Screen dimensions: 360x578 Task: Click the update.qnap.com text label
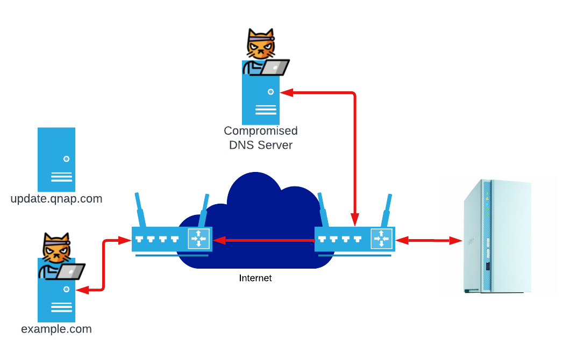[x=56, y=199]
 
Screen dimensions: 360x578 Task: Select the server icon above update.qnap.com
[x=56, y=160]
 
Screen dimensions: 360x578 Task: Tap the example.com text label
[x=56, y=329]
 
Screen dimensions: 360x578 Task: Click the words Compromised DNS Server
[x=261, y=138]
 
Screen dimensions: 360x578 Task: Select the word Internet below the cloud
[x=255, y=278]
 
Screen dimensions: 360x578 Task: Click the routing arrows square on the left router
[x=198, y=239]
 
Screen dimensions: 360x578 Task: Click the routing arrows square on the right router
[x=381, y=239]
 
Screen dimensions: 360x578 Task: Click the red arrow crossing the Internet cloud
[x=263, y=240]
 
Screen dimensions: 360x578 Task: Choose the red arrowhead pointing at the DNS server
[x=286, y=93]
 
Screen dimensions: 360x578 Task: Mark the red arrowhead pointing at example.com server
[x=82, y=290]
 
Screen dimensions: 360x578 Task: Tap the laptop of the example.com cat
[x=73, y=271]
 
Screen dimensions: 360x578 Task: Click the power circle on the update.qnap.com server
[x=66, y=159]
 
